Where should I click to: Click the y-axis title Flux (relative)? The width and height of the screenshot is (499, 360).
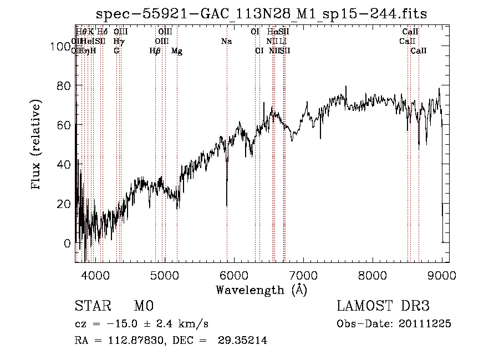37,145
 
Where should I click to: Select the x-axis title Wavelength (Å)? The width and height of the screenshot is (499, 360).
262,290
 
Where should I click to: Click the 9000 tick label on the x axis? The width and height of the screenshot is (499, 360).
442,274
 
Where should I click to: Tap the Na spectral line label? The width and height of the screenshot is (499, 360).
226,41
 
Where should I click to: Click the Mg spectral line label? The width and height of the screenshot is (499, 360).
176,51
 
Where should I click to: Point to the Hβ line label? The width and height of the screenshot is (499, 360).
155,51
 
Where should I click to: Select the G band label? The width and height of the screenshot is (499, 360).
116,51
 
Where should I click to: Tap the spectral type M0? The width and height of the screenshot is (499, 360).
143,306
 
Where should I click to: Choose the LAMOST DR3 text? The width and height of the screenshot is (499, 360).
383,306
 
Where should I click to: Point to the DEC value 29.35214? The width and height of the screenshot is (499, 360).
241,341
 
